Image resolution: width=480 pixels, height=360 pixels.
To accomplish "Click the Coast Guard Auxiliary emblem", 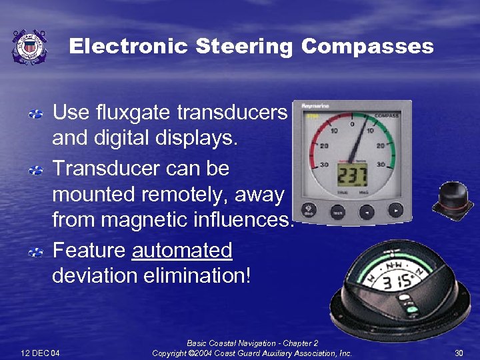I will pos(30,47).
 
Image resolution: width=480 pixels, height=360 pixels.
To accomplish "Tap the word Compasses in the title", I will pos(367,47).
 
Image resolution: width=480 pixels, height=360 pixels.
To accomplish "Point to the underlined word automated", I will pos(182,251).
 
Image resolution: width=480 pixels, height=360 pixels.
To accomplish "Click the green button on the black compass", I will pos(411,309).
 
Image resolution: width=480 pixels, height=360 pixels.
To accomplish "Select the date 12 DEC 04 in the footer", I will pos(41,353).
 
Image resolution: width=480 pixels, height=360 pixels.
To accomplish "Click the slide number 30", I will pos(459,353).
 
